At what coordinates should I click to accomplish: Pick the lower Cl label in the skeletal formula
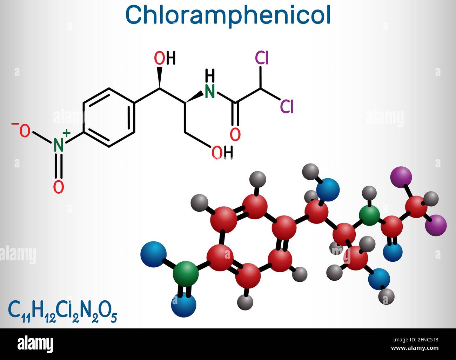click(287, 106)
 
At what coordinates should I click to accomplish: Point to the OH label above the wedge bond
click(165, 58)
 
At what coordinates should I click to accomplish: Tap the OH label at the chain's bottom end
click(222, 152)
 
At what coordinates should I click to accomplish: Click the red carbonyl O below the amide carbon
click(235, 134)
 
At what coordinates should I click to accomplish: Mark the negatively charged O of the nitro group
click(23, 129)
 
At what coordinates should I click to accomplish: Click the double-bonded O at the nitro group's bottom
click(59, 187)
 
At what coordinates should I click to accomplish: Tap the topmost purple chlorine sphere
click(401, 177)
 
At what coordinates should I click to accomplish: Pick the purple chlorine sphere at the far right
click(436, 225)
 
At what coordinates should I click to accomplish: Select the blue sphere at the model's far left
click(153, 254)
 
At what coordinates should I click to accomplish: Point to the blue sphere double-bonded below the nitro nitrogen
click(183, 305)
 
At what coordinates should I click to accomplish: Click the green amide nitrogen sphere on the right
click(369, 215)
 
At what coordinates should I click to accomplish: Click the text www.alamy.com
click(415, 348)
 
